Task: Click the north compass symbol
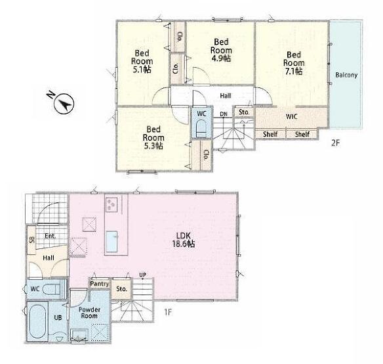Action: tap(64, 104)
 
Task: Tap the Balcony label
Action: tap(346, 75)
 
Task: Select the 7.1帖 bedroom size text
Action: tap(294, 71)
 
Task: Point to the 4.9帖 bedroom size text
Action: tap(221, 58)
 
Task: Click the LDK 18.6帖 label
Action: tap(183, 240)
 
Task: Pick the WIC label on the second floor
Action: tap(291, 116)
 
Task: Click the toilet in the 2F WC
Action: tap(201, 128)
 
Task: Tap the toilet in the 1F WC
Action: tap(52, 289)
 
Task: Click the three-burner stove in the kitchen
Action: tap(111, 204)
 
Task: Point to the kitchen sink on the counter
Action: tap(112, 241)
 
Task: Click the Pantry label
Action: tap(99, 284)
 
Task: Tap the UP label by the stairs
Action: tap(143, 275)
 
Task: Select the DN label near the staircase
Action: tap(224, 114)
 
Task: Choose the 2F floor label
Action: tap(335, 143)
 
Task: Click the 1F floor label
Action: tap(168, 312)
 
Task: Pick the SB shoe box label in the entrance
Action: tap(31, 240)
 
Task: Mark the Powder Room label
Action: tap(89, 313)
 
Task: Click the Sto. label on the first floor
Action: tap(121, 289)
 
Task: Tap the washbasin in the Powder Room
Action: tap(79, 335)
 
